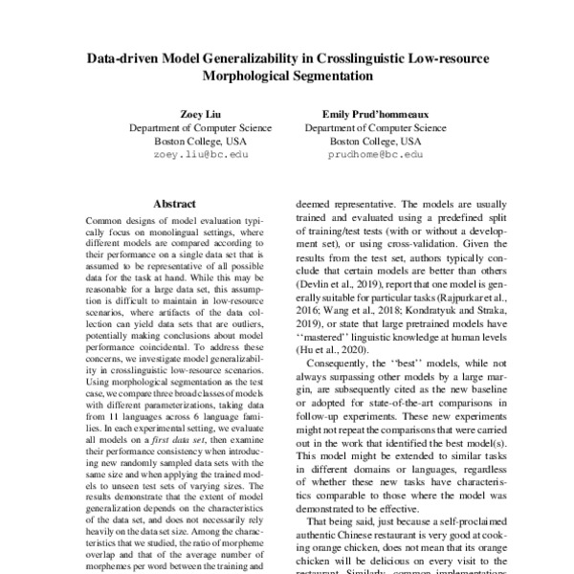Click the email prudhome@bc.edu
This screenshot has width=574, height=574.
(x=374, y=153)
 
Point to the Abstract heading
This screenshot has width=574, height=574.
(x=174, y=204)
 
